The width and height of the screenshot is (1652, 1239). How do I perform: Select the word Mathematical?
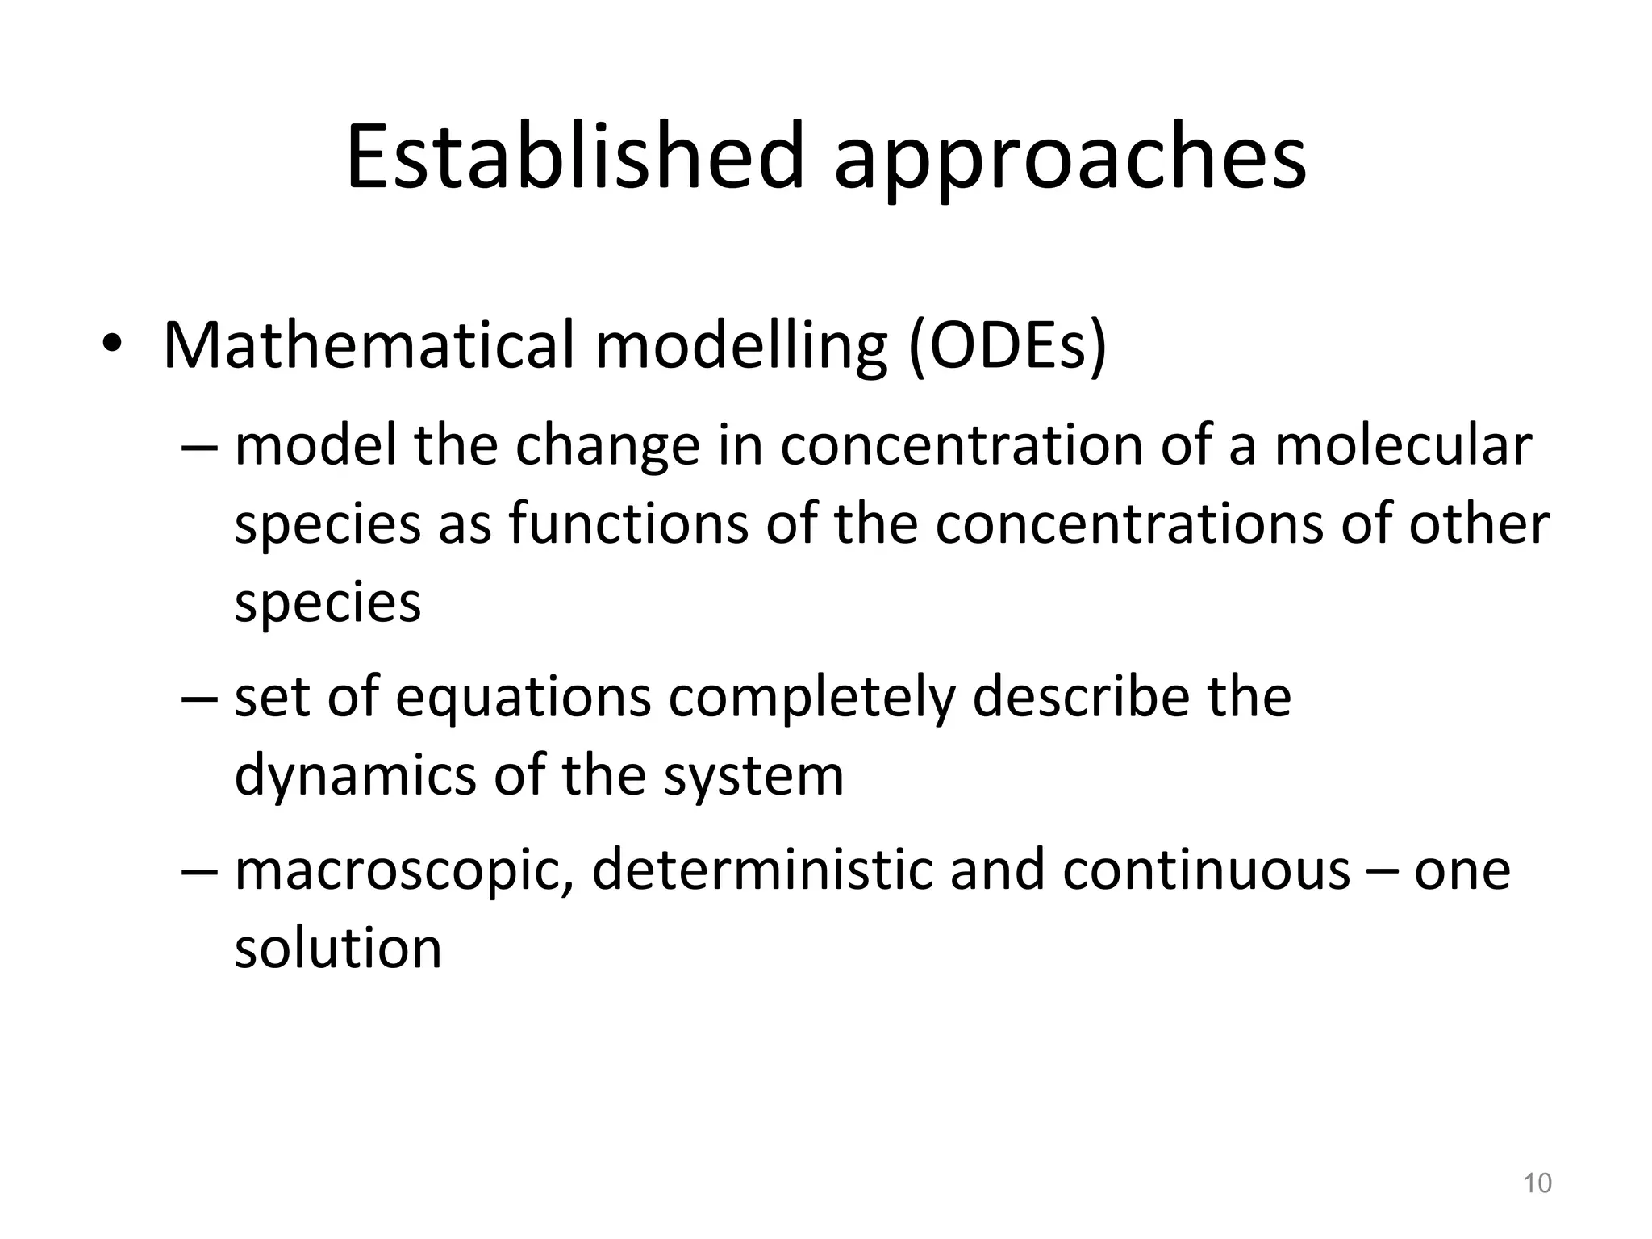click(x=369, y=345)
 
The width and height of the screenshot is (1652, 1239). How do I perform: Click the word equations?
click(x=523, y=699)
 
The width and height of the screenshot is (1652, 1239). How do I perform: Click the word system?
click(x=753, y=778)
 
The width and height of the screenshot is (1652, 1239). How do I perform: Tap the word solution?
click(x=338, y=949)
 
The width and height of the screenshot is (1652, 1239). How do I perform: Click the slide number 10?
click(x=1537, y=1183)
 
